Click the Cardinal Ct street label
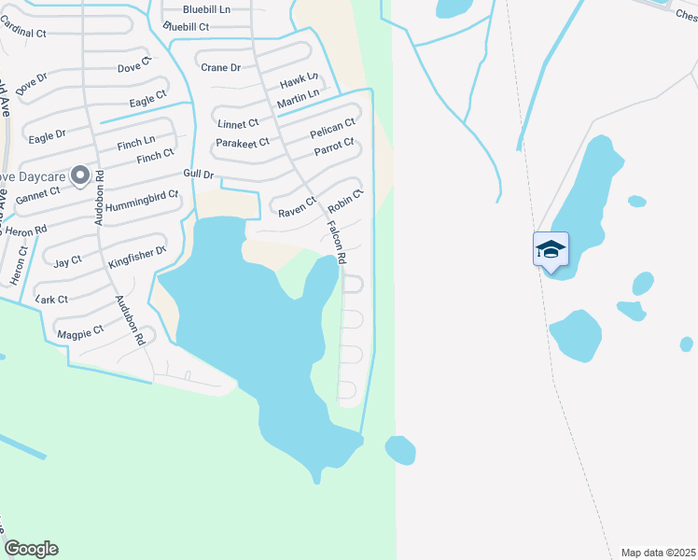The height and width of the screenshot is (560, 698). (23, 32)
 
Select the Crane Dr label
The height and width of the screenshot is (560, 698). (221, 67)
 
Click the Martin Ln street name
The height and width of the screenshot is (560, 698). (298, 94)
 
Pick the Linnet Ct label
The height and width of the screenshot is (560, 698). (238, 123)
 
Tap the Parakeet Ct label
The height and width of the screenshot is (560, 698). (242, 142)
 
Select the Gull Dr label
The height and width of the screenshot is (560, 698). (200, 175)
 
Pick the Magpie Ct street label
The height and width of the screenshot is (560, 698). (80, 331)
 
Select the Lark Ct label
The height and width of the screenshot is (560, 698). (51, 299)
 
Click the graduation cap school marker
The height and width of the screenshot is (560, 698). (551, 249)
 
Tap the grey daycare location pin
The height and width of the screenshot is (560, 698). (80, 175)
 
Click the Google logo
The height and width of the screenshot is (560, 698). (31, 549)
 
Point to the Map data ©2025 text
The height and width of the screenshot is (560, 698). (656, 553)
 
